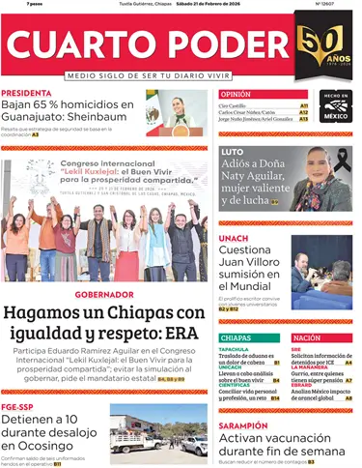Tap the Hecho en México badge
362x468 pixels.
pyautogui.click(x=335, y=106)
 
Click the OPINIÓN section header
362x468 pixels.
pyautogui.click(x=236, y=94)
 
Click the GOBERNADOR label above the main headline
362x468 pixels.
pyautogui.click(x=104, y=294)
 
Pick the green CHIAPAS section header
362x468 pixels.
pyautogui.click(x=237, y=337)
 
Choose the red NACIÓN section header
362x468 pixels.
pyautogui.click(x=307, y=337)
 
